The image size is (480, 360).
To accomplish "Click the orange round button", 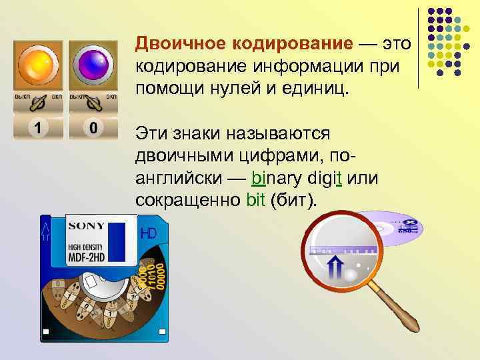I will (37, 65).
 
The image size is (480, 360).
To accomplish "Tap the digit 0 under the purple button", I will (94, 127).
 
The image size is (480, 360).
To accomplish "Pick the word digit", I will (325, 178).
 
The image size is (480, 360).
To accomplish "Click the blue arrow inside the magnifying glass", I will (334, 271).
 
